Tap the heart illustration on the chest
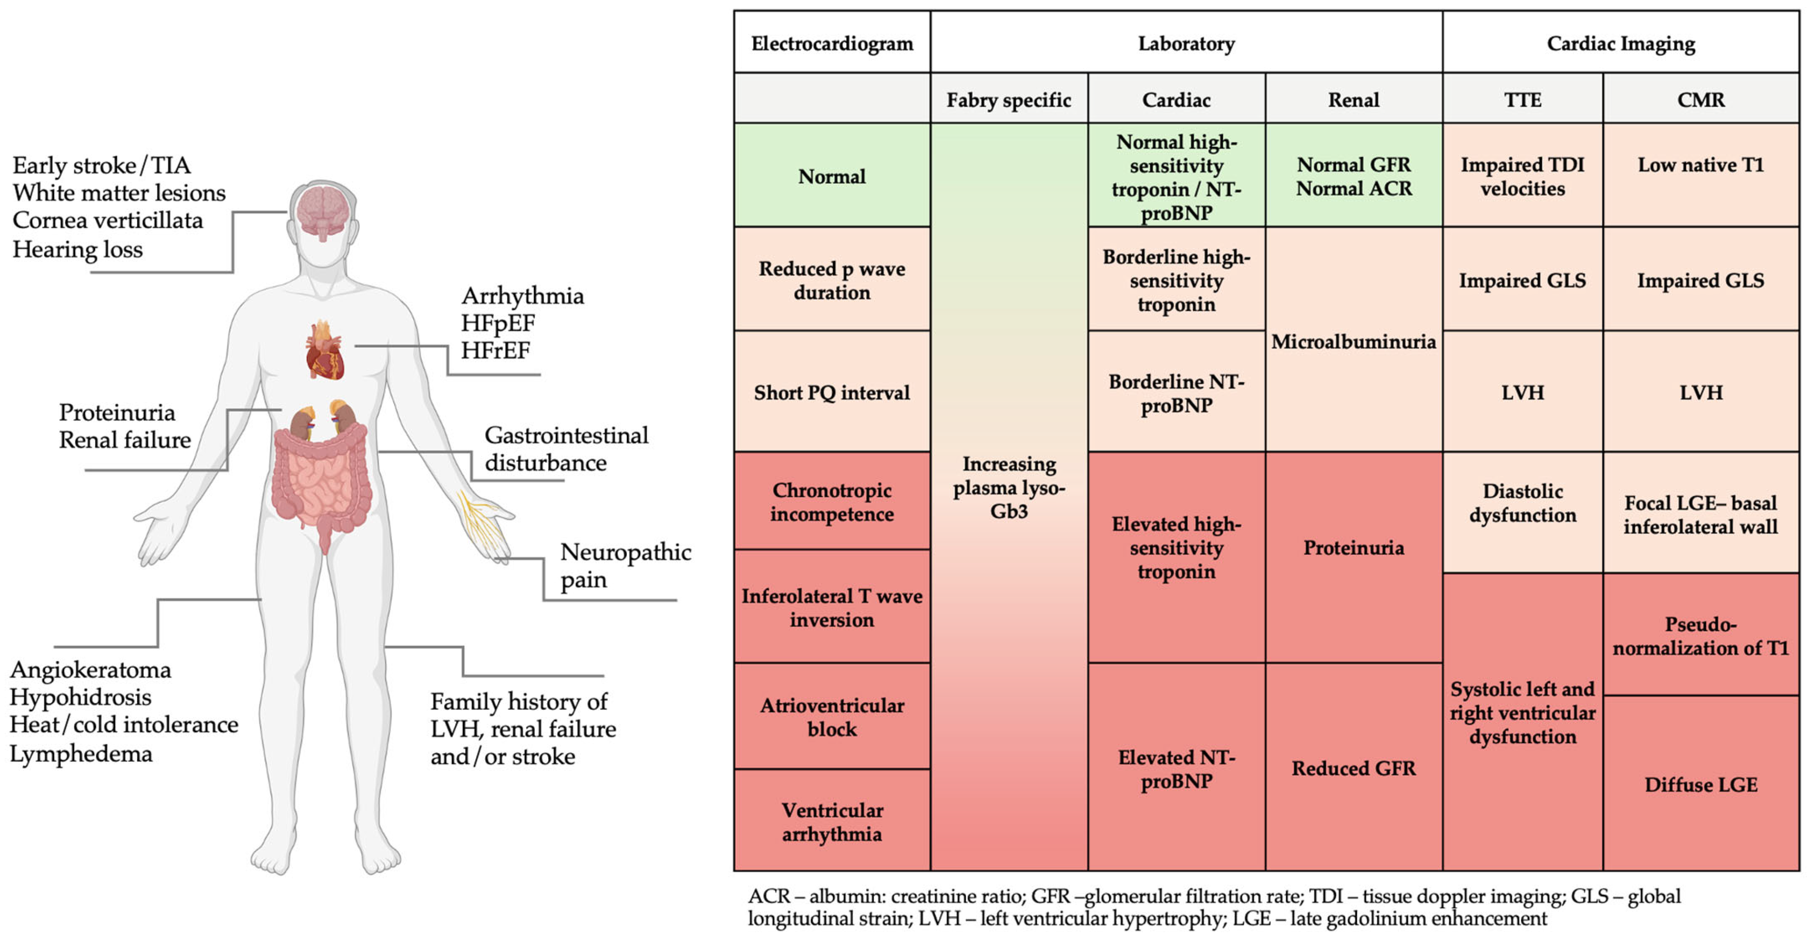324,351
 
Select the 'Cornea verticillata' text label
107,221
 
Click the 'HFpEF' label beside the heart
498,323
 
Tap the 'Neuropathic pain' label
625,565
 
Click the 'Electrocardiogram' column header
832,44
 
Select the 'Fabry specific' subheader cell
1009,100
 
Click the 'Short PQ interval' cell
832,392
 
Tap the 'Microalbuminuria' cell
1353,341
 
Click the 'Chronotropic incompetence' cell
832,501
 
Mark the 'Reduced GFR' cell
1353,768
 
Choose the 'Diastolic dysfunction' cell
1522,503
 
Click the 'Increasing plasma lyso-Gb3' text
1009,488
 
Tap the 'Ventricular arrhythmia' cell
832,822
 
